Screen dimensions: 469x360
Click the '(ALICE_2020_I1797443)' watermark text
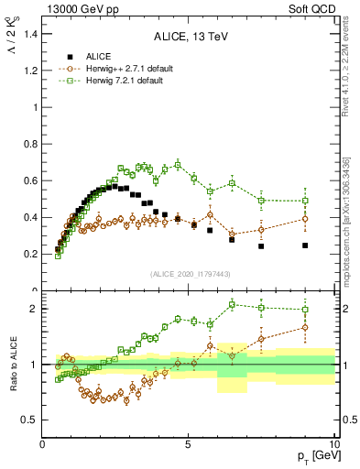tap(188, 274)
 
